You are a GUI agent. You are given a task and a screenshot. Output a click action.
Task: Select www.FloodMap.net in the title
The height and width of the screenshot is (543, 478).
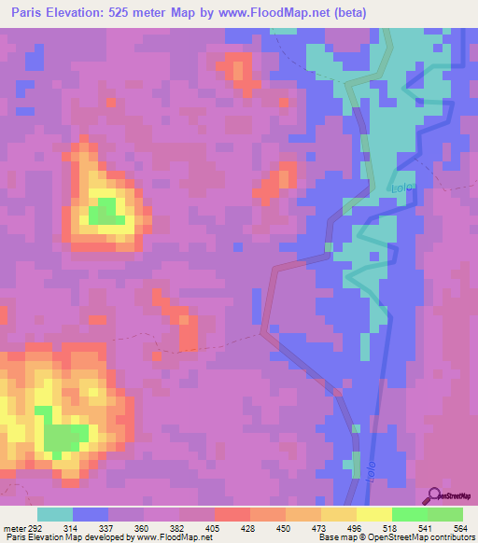275,13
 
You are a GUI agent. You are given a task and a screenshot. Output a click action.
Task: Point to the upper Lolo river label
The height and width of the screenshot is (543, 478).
401,189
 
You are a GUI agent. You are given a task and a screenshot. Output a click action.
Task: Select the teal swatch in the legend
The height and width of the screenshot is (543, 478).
54,514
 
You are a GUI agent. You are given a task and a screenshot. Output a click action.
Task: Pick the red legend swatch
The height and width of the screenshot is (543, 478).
232,514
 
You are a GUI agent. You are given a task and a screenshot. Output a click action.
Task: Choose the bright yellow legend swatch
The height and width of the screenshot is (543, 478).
373,514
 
